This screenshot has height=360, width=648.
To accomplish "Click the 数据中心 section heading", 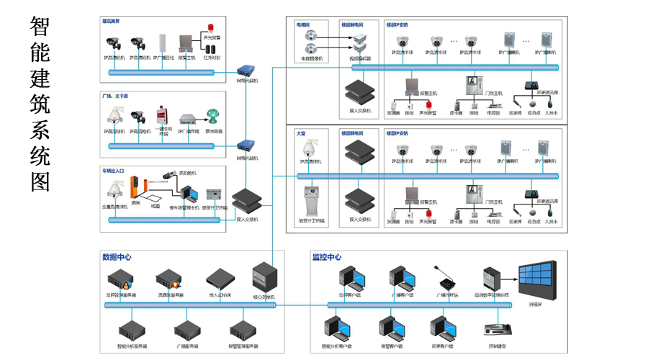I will pyautogui.click(x=117, y=256).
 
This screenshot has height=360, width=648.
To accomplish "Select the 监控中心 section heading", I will pyautogui.click(x=326, y=256).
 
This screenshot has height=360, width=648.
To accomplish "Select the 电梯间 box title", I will pyautogui.click(x=303, y=24).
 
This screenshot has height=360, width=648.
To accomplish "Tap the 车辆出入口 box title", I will pyautogui.click(x=114, y=170).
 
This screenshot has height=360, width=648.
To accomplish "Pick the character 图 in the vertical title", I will pyautogui.click(x=40, y=181).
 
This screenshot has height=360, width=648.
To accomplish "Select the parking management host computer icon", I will pyautogui.click(x=189, y=194).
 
